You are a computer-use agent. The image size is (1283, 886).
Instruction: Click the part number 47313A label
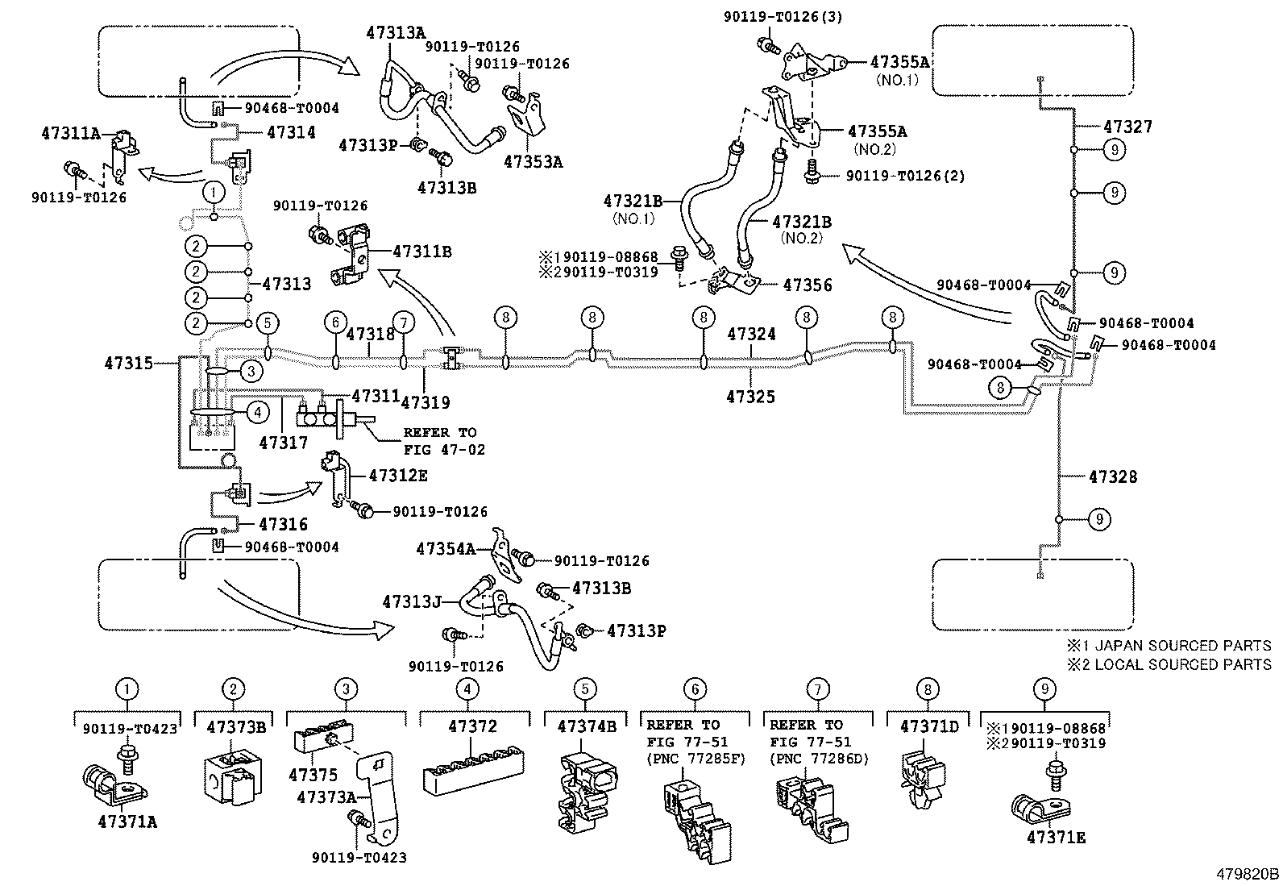point(396,33)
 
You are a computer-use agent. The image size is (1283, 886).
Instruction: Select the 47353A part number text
point(534,162)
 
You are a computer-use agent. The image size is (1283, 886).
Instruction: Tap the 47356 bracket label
point(807,285)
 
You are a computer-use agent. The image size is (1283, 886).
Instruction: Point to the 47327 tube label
point(1127,127)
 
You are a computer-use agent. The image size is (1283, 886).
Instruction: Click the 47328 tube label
point(1113,476)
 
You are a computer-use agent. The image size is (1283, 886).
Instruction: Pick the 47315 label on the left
point(129,363)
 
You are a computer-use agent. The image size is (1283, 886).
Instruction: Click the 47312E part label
point(398,476)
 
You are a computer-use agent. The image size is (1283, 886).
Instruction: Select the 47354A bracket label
point(446,549)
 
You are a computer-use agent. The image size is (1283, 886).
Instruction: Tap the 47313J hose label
point(412,601)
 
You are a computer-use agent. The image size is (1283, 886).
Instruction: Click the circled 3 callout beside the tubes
point(251,372)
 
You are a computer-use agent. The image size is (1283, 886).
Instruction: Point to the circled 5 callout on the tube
point(268,322)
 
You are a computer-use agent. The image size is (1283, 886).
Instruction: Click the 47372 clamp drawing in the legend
point(474,771)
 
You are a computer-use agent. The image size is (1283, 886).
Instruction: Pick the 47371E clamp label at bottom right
point(1057,838)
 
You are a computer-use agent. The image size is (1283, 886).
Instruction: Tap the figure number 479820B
point(1248,874)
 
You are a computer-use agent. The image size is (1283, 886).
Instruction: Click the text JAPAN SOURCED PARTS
point(1183,646)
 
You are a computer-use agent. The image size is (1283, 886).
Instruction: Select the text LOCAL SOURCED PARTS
point(1183,665)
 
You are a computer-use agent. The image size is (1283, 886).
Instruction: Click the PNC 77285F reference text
point(696,759)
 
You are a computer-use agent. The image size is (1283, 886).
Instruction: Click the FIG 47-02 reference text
point(444,450)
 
